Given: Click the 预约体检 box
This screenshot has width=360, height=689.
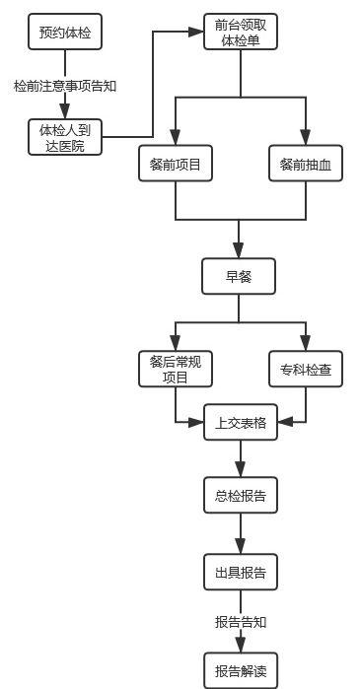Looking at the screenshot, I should coord(65,33).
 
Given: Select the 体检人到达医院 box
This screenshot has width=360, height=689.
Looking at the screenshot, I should coord(65,137).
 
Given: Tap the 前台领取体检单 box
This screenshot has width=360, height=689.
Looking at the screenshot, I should coord(240,34).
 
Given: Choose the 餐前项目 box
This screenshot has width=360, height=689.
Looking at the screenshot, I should coord(176,165).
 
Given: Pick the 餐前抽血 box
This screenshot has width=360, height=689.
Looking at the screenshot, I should coord(306,165).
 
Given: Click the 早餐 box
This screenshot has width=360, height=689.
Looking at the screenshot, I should coord(240,277).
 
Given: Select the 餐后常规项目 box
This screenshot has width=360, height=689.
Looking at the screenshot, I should coord(176,368).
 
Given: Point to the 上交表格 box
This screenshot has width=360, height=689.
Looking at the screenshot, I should coord(240,424).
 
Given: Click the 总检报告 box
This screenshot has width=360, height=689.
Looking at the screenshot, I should coord(240,496).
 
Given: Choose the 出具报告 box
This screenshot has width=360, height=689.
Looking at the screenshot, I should coord(240,571).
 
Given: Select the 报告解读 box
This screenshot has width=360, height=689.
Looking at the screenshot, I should coord(240,670).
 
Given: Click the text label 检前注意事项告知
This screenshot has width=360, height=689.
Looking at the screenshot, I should coord(65,86).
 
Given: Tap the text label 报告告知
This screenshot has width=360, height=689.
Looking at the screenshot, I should coord(240,622).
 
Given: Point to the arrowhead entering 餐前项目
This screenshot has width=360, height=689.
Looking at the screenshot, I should coord(176,139).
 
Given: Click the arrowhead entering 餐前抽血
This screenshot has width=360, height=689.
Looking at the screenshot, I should coord(306,139).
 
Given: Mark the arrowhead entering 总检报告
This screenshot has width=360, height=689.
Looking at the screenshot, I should coord(240,471).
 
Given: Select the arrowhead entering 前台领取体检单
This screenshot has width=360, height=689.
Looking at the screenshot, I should coord(195,33).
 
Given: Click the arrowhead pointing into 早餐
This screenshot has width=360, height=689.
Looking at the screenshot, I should coord(240,251).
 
